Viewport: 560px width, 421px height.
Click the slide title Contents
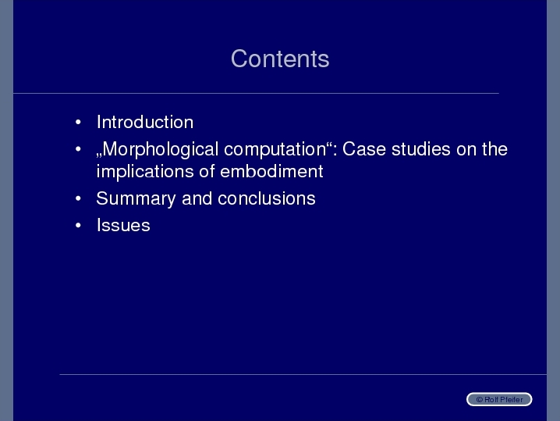pyautogui.click(x=280, y=59)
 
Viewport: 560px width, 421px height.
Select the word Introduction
pyautogui.click(x=145, y=122)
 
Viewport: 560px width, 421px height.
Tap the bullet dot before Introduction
pyautogui.click(x=78, y=123)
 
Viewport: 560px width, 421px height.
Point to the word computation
pyautogui.click(x=275, y=149)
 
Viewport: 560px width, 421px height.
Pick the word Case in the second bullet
pyautogui.click(x=364, y=149)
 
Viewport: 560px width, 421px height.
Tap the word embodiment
pyautogui.click(x=271, y=171)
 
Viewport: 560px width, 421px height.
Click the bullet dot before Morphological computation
pyautogui.click(x=78, y=149)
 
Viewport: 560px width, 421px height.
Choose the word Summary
pyautogui.click(x=136, y=199)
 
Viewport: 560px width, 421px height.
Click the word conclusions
pyautogui.click(x=267, y=198)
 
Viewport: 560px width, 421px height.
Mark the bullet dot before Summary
pyautogui.click(x=78, y=198)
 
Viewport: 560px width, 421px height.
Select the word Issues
pyautogui.click(x=123, y=226)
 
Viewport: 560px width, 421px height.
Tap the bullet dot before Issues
pyautogui.click(x=78, y=226)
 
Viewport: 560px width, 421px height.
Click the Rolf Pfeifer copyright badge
pyautogui.click(x=499, y=399)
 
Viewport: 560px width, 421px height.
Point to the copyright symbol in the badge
pyautogui.click(x=480, y=400)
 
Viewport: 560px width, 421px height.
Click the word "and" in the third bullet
pyautogui.click(x=197, y=198)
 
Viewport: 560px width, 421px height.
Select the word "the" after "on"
pyautogui.click(x=494, y=149)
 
